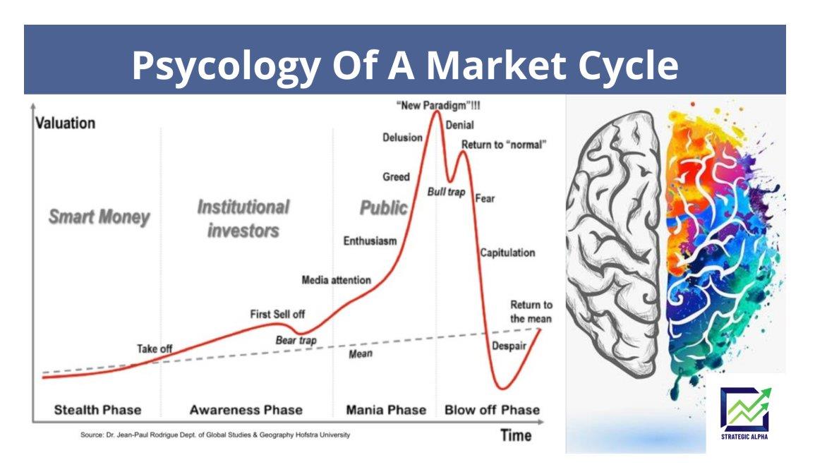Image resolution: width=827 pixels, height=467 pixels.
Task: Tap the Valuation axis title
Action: tap(66, 123)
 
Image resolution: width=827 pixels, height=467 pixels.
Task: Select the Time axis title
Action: tap(516, 435)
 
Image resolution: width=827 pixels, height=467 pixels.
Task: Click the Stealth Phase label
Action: tap(97, 410)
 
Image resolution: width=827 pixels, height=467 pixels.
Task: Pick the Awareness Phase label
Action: tap(246, 410)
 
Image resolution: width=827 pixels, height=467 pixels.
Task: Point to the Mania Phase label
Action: tap(386, 410)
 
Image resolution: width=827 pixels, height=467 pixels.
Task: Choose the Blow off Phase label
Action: tap(492, 410)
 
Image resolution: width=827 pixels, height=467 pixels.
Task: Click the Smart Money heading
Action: tap(99, 217)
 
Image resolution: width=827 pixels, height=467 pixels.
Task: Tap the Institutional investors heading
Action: tap(243, 219)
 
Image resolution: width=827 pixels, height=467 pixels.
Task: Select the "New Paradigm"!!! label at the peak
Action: tap(438, 105)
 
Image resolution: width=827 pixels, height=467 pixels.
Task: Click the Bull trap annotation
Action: tap(446, 192)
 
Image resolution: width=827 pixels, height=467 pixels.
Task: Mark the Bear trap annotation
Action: tap(296, 341)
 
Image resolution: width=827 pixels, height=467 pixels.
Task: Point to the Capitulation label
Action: tap(507, 253)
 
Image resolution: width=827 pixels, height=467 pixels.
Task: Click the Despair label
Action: tap(509, 346)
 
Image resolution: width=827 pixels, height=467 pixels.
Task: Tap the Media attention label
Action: tap(336, 280)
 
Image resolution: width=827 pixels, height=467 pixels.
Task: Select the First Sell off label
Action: tap(277, 314)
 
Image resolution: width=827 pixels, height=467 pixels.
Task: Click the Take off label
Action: tap(155, 349)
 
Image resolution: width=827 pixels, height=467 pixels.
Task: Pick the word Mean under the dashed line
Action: tap(361, 353)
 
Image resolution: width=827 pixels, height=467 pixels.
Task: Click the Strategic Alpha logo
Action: tap(744, 414)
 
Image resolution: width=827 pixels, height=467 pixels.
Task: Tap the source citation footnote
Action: tap(215, 435)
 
